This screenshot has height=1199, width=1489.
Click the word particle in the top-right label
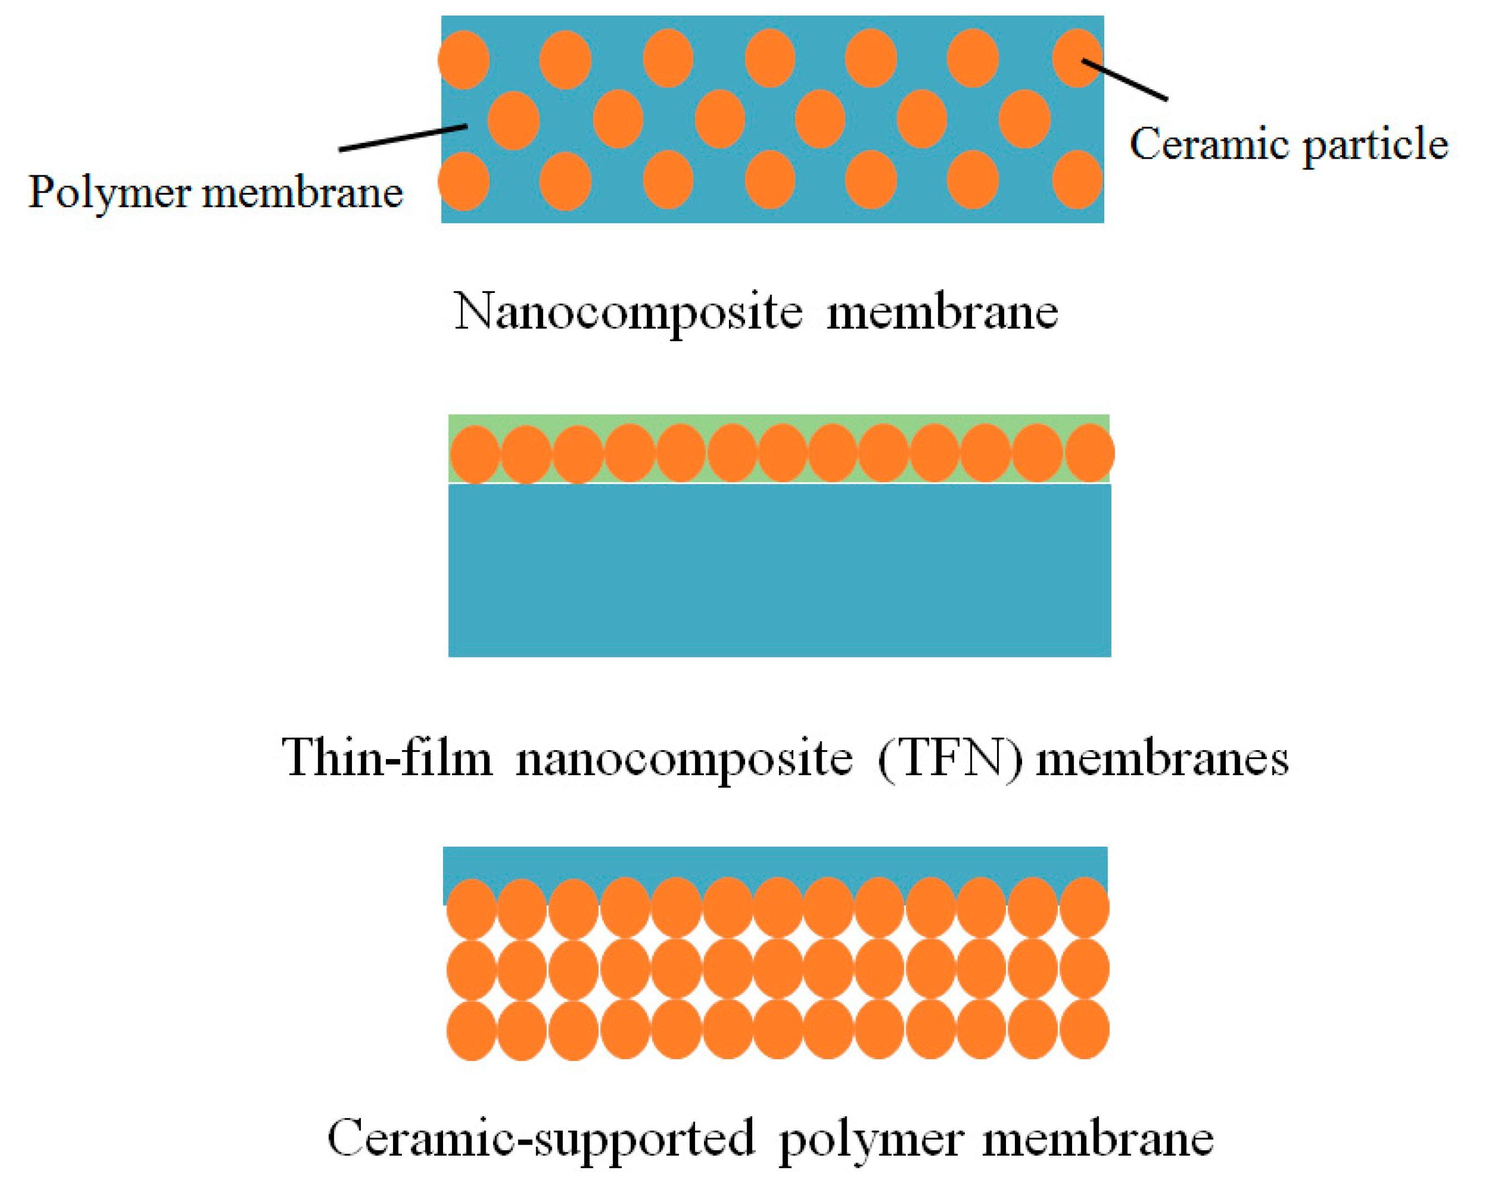1375,146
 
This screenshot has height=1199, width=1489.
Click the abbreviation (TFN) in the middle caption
949,759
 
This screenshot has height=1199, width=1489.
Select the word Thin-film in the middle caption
387,758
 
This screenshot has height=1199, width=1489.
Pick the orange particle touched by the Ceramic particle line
1076,58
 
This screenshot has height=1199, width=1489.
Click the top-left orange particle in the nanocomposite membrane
464,59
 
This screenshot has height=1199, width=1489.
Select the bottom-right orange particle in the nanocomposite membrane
1076,180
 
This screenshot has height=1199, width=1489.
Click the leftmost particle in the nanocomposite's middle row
514,120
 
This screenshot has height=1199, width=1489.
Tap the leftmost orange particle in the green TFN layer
475,454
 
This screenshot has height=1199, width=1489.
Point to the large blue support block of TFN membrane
779,570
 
